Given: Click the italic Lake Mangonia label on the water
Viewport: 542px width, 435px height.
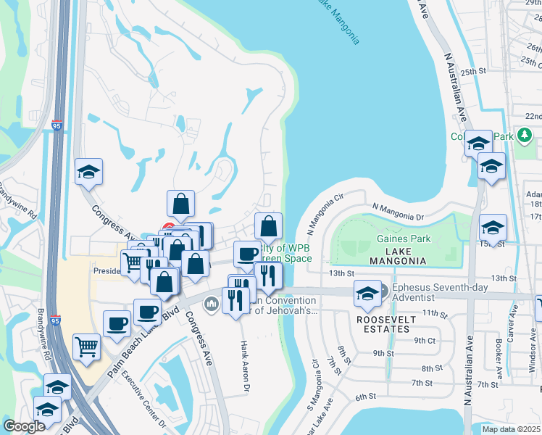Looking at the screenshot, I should coord(336,21).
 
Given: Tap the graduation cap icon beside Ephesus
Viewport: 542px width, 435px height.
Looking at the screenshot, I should coord(367,293).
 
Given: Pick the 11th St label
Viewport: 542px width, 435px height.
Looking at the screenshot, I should coord(435,312).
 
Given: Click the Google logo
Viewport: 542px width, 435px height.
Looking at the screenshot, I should coord(24,426).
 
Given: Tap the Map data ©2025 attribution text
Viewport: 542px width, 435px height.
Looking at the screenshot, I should coord(511,429).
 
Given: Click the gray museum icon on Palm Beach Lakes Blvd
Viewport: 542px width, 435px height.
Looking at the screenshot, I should coord(212,302).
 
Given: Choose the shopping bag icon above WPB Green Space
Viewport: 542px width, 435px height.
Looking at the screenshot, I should coord(268,225).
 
